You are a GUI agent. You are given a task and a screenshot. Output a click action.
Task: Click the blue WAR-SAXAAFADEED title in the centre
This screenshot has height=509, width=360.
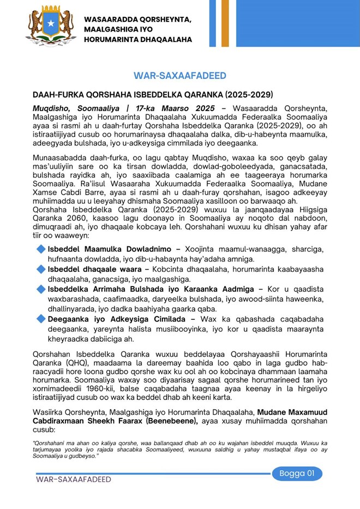tap(180, 76)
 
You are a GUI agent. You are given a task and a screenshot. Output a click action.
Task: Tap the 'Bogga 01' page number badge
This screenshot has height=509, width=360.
tap(297, 473)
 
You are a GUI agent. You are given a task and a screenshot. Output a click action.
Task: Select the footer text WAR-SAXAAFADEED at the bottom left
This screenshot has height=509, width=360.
tap(74, 480)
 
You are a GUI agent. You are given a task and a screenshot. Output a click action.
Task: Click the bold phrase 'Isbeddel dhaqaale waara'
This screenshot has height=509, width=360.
tap(95, 269)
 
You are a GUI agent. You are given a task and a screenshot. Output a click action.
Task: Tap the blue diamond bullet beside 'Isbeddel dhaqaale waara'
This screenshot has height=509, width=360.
tap(41, 269)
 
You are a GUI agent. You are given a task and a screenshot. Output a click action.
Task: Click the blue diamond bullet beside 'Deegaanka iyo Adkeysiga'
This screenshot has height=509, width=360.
tap(41, 319)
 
